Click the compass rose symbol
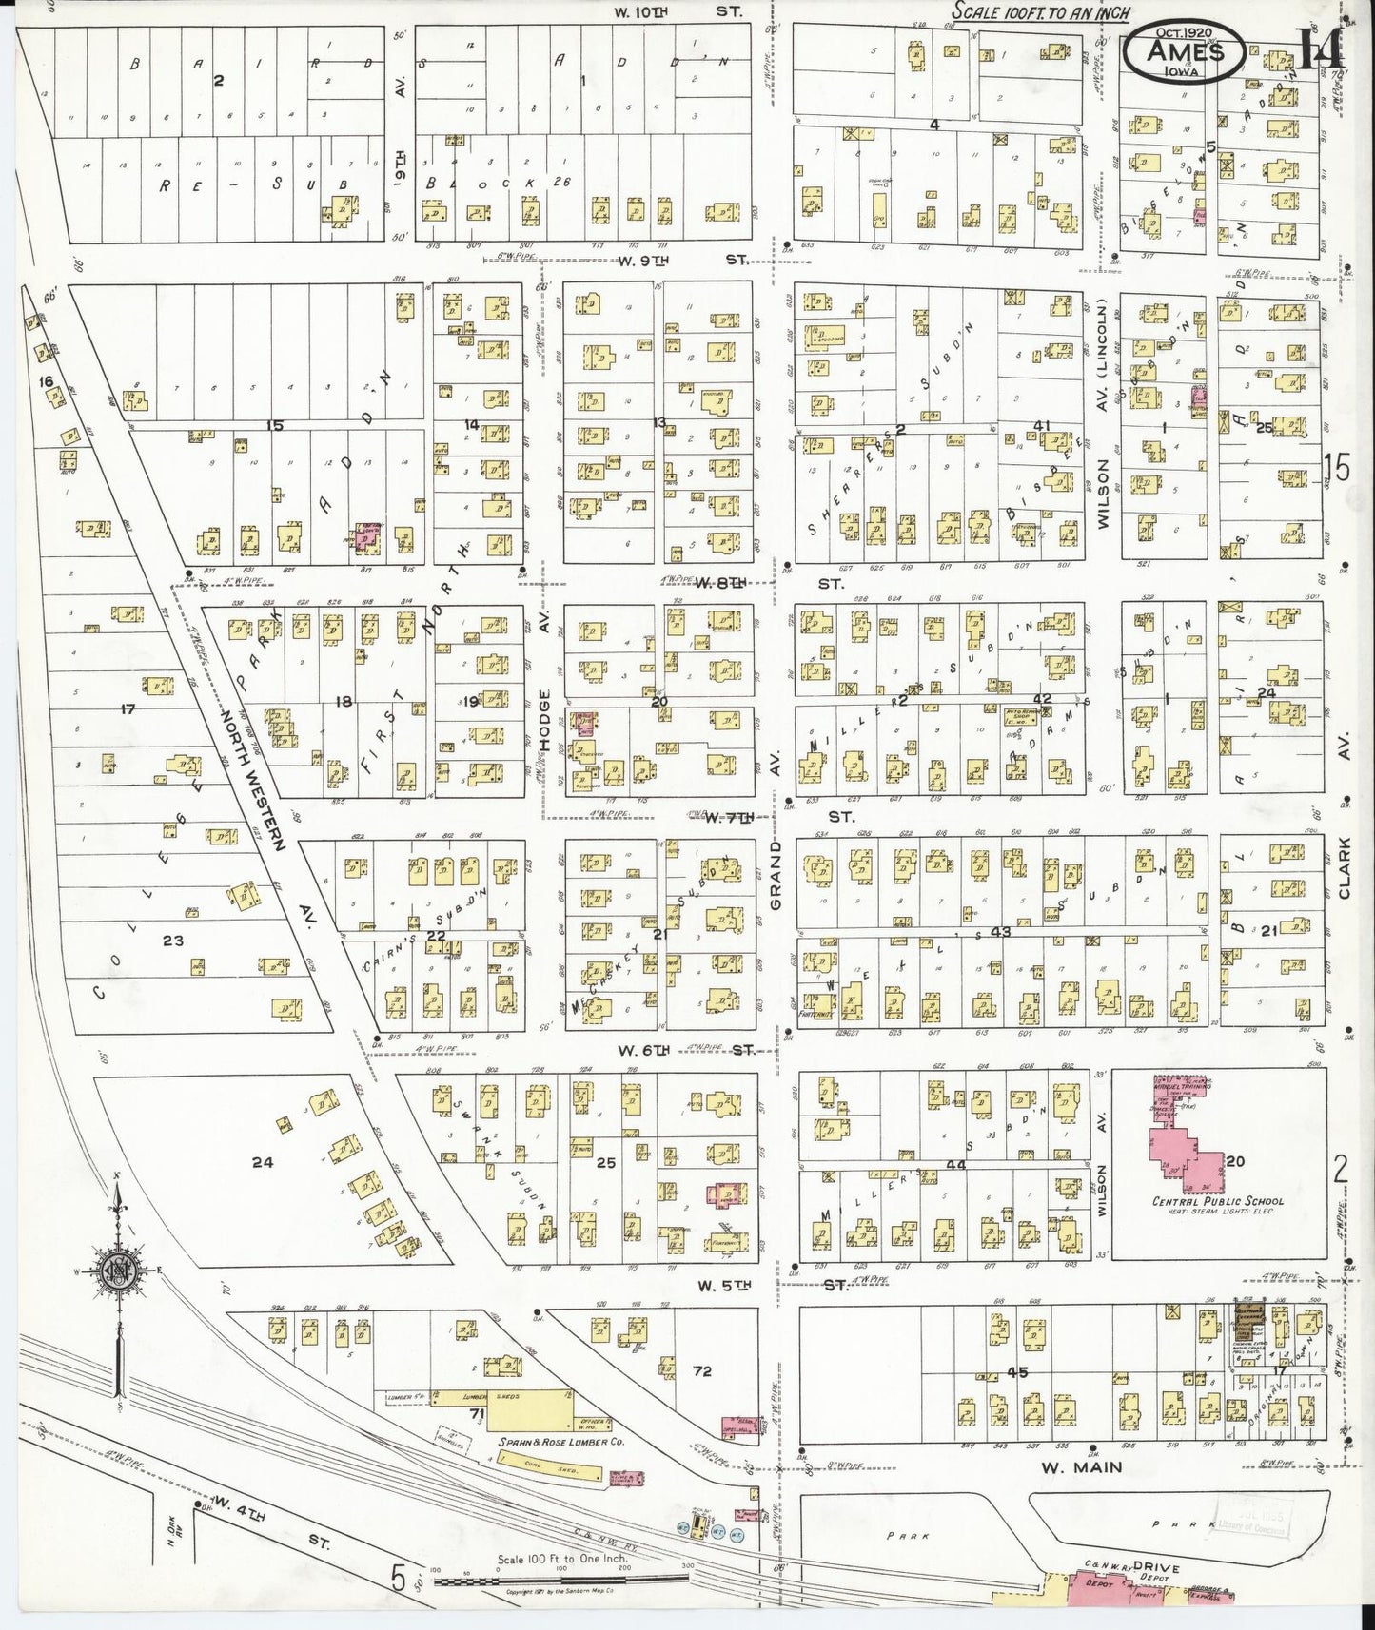tap(117, 1274)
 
